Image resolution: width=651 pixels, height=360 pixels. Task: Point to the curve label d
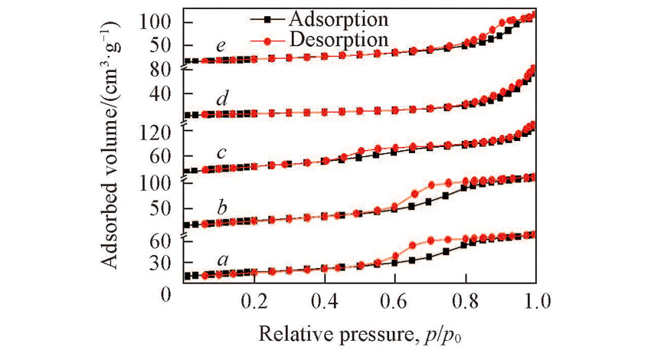[x=221, y=99]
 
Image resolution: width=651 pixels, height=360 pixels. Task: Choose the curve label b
[x=221, y=207]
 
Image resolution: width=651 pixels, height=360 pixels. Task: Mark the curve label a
[x=223, y=260]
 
